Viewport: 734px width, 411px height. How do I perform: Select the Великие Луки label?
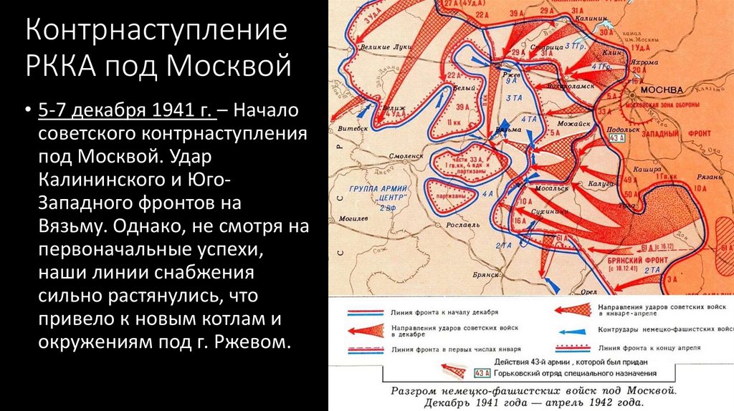(x=384, y=47)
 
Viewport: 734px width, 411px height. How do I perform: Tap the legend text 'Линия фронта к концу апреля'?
(x=648, y=347)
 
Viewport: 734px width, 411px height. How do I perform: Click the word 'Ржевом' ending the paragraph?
(x=257, y=341)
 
